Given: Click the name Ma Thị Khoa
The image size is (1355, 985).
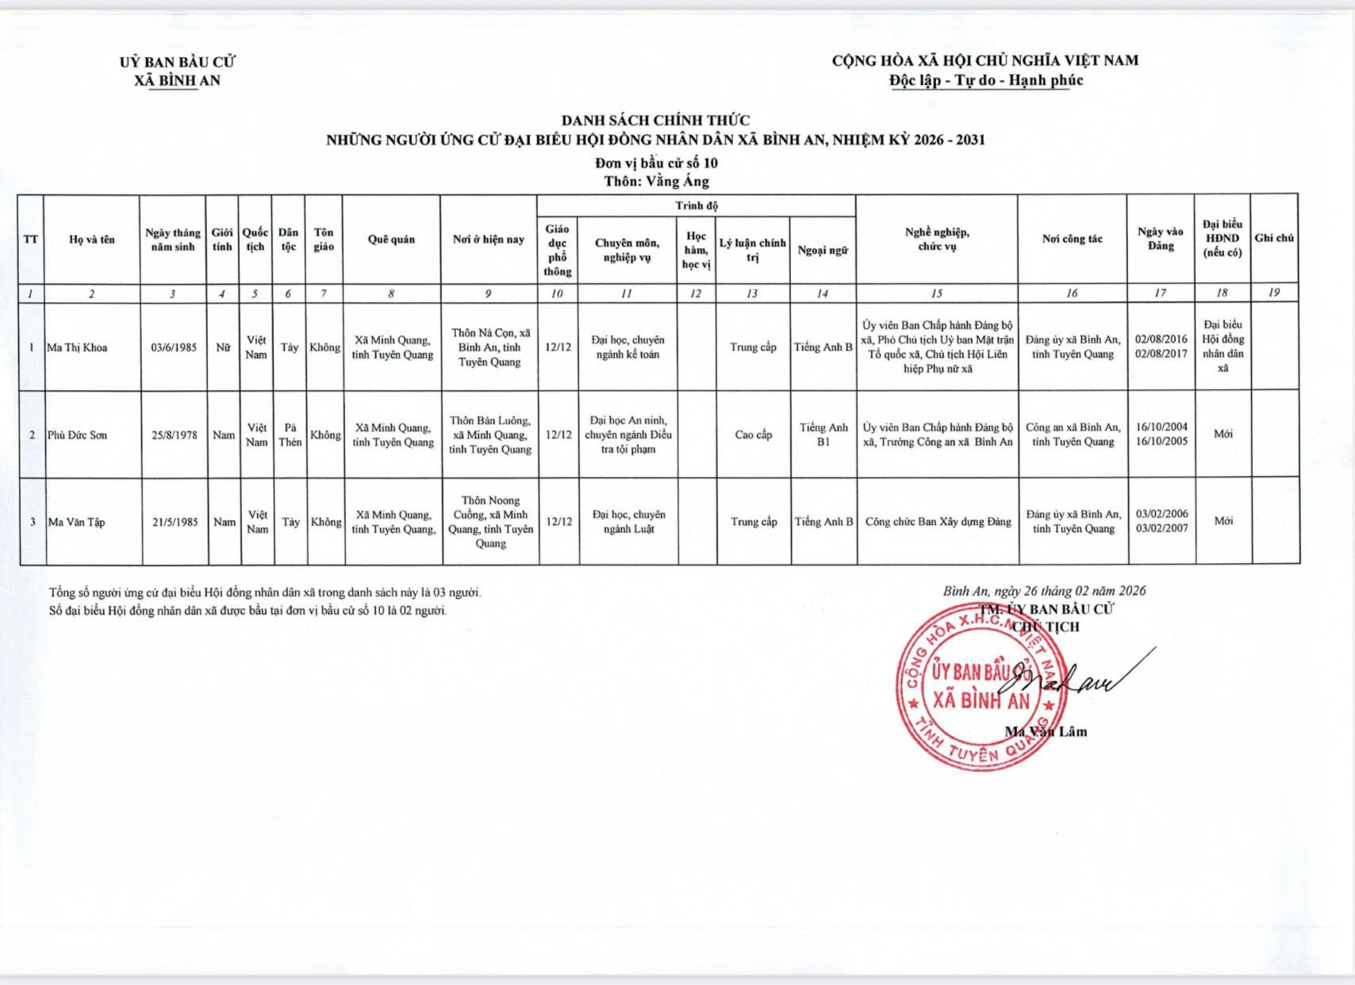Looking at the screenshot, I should (x=77, y=347).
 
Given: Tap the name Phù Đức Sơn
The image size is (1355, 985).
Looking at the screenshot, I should (x=77, y=435).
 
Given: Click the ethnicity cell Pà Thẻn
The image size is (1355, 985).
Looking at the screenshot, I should (x=290, y=435).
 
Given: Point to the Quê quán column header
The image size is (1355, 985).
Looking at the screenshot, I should (x=391, y=240).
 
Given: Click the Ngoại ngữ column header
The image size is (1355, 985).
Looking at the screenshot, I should (x=823, y=250).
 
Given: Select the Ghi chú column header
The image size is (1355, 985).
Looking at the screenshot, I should (x=1274, y=238).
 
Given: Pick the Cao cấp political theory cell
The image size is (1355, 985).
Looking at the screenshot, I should (x=753, y=435).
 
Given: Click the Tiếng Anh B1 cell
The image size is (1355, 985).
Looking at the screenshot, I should (x=823, y=435).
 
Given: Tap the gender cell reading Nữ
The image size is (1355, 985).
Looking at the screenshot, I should (x=223, y=347).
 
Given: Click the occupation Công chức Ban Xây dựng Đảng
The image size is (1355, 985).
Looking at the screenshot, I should (x=938, y=522).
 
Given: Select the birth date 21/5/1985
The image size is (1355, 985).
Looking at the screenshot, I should (x=175, y=522).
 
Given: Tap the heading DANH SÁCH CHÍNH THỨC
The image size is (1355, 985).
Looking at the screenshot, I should (x=655, y=121).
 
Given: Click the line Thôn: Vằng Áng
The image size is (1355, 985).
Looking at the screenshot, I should (x=655, y=182).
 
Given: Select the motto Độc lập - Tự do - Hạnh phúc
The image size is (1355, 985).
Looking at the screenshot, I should (x=985, y=80).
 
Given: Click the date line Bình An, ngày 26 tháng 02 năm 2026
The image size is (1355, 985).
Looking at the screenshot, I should (x=1044, y=591).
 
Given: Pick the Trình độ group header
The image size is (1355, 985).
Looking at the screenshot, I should (x=696, y=205).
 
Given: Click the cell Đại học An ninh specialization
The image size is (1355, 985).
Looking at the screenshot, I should (x=628, y=435).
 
